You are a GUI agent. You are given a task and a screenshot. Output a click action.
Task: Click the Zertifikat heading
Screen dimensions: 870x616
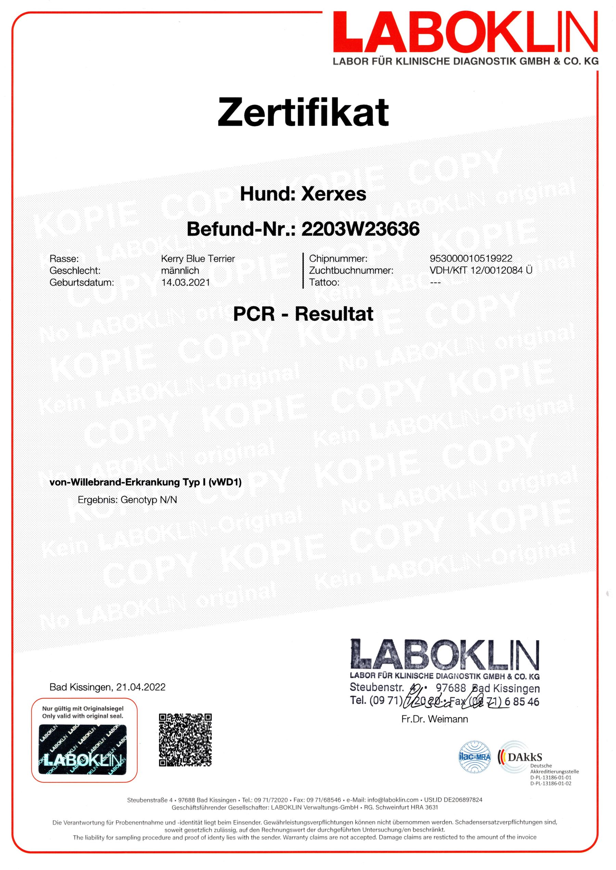click(303, 112)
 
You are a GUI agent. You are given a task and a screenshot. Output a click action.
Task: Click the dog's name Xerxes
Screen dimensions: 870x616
click(333, 194)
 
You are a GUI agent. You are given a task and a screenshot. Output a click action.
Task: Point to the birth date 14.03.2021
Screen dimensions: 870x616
click(185, 282)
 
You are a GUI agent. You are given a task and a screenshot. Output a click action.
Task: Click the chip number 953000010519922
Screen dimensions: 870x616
click(471, 259)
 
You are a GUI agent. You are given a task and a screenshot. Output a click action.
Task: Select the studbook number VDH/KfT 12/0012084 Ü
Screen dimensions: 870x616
click(480, 270)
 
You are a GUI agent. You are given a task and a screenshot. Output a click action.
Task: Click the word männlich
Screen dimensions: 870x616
click(180, 271)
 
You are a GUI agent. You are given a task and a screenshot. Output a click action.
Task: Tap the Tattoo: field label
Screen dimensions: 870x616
click(324, 282)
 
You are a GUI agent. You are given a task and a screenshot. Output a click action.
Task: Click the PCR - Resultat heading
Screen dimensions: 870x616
click(303, 314)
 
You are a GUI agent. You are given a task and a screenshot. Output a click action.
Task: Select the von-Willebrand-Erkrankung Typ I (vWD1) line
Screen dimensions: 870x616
click(146, 482)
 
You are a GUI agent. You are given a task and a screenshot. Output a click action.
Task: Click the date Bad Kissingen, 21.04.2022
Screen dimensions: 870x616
click(107, 687)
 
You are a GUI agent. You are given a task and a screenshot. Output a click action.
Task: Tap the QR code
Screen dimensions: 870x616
click(185, 740)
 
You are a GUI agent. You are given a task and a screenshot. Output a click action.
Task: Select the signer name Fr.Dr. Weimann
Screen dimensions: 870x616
click(435, 719)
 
